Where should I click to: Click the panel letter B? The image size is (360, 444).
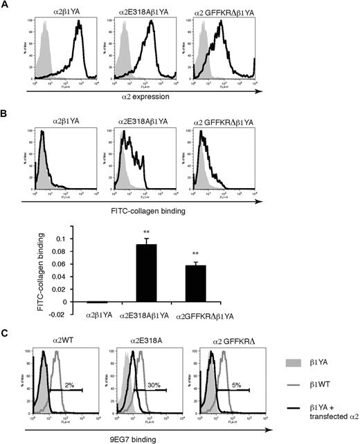tap(5, 118)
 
